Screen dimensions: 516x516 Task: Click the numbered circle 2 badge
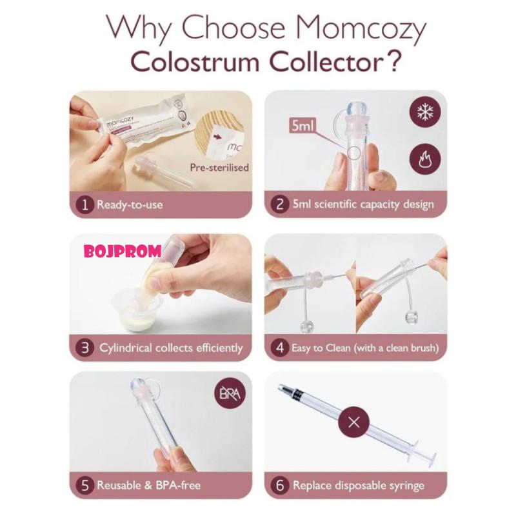pyautogui.click(x=279, y=205)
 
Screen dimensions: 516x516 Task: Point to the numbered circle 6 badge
pyautogui.click(x=279, y=485)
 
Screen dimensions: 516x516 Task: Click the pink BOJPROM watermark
pyautogui.click(x=123, y=251)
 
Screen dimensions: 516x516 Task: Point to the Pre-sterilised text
pyautogui.click(x=219, y=168)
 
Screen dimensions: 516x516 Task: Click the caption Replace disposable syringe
pyautogui.click(x=359, y=485)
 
